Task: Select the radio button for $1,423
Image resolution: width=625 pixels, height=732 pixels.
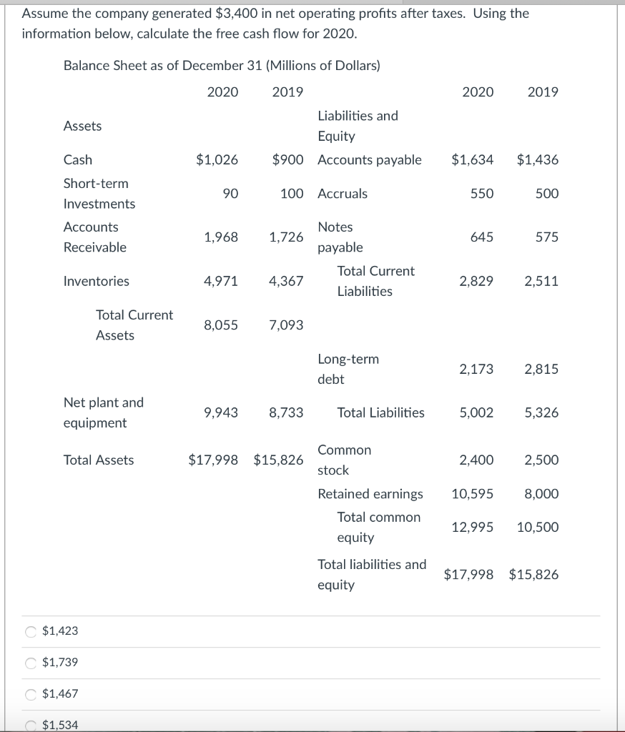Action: (x=31, y=631)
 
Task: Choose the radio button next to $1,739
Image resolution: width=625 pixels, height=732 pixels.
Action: (x=31, y=663)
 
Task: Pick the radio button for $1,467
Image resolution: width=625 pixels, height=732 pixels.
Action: (x=31, y=694)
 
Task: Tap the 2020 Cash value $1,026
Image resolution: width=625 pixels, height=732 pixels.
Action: (x=217, y=160)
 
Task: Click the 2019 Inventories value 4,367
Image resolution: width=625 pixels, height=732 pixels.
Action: (x=286, y=282)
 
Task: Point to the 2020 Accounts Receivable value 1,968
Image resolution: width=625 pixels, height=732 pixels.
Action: (x=221, y=237)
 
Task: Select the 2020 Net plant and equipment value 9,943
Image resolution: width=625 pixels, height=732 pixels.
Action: (x=221, y=412)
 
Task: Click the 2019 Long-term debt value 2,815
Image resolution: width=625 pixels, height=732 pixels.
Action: (x=541, y=370)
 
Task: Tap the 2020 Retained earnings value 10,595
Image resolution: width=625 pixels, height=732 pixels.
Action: (x=473, y=494)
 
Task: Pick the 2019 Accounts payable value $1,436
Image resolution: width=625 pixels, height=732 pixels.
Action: (x=538, y=160)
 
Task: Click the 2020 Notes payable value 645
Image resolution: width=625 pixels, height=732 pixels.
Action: (x=481, y=237)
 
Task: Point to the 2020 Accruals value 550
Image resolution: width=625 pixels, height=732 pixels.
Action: (x=481, y=194)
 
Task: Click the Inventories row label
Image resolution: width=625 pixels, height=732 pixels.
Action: (x=97, y=282)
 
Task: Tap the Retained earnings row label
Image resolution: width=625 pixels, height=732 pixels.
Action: (x=370, y=494)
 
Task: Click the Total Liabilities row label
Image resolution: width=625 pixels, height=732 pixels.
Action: (x=380, y=412)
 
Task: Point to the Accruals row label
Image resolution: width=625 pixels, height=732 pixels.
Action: (x=343, y=194)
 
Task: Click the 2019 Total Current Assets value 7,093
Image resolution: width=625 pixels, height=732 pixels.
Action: (x=286, y=325)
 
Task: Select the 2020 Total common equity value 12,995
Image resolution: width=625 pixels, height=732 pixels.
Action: (x=473, y=528)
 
